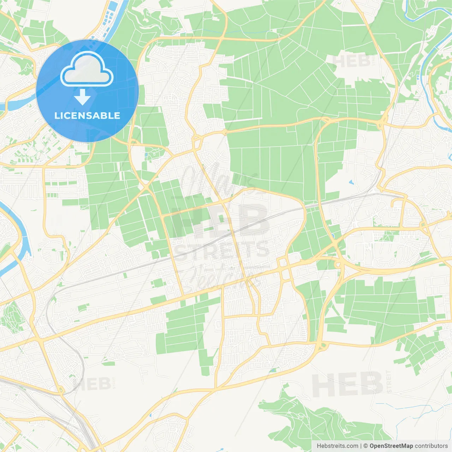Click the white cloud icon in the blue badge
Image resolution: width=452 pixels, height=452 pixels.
click(87, 69)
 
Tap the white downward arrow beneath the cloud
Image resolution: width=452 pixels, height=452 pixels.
click(83, 97)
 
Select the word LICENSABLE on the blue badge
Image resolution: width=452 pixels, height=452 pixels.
click(87, 115)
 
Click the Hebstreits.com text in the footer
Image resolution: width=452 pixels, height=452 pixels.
click(337, 446)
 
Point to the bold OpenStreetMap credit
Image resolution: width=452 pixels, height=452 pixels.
click(391, 446)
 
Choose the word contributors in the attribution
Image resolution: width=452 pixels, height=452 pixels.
click(431, 446)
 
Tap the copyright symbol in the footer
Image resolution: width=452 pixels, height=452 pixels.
click(365, 446)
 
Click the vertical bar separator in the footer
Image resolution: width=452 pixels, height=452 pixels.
click(361, 446)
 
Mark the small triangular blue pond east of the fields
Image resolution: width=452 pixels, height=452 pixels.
click(351, 183)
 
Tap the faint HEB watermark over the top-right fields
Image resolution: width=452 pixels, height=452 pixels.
click(351, 61)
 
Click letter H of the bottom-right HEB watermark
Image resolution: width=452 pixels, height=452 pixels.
click(323, 385)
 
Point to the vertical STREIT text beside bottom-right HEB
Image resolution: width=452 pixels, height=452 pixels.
click(389, 381)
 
